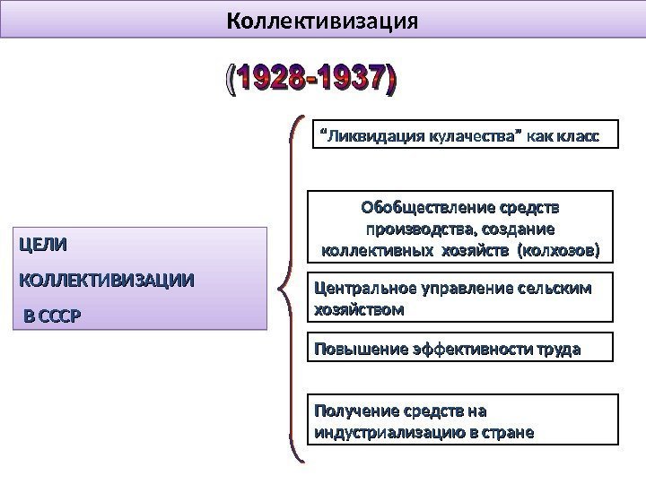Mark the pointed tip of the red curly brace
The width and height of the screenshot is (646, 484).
(281, 289)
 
